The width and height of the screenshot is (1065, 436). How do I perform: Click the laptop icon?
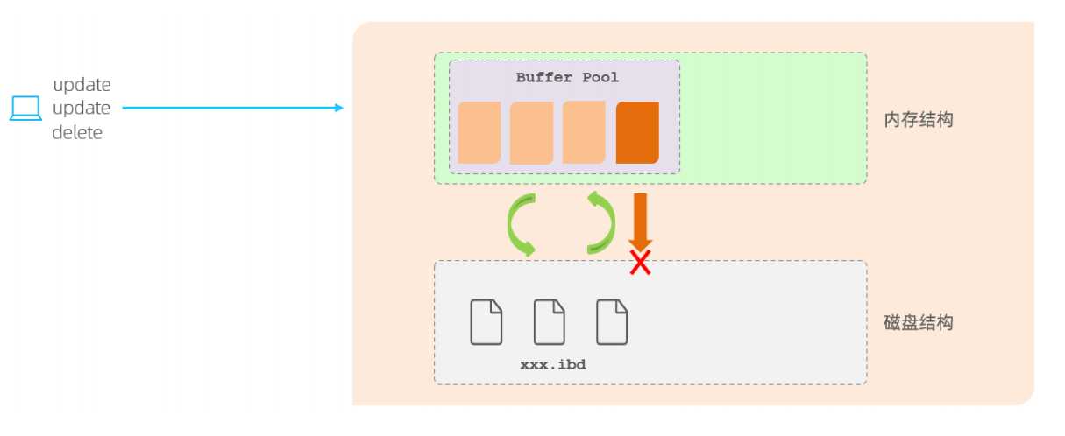(x=25, y=109)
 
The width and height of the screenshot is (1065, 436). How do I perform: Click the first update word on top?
(x=82, y=85)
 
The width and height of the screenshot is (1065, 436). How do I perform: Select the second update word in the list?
(x=82, y=109)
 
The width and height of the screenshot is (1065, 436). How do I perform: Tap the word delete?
(x=77, y=133)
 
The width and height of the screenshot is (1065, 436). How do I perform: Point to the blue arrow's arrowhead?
(x=338, y=108)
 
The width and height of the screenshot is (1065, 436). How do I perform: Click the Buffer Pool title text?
(x=567, y=78)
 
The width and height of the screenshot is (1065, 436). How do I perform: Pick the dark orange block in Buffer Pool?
(x=637, y=132)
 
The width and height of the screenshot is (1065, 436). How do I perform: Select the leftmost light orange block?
(x=479, y=132)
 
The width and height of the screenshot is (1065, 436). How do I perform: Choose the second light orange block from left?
(x=531, y=133)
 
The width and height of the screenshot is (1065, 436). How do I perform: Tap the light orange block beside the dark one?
(x=584, y=132)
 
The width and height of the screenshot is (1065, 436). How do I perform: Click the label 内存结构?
(x=918, y=120)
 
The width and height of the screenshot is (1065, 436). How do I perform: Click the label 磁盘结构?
(x=918, y=323)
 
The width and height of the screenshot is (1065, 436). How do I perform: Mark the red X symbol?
(x=640, y=262)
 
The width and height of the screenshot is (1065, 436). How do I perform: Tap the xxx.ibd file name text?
(x=552, y=364)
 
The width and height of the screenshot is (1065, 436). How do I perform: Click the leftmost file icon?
(x=486, y=321)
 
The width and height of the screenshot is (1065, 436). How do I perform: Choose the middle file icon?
(x=550, y=321)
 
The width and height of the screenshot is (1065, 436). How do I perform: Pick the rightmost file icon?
(x=612, y=321)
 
